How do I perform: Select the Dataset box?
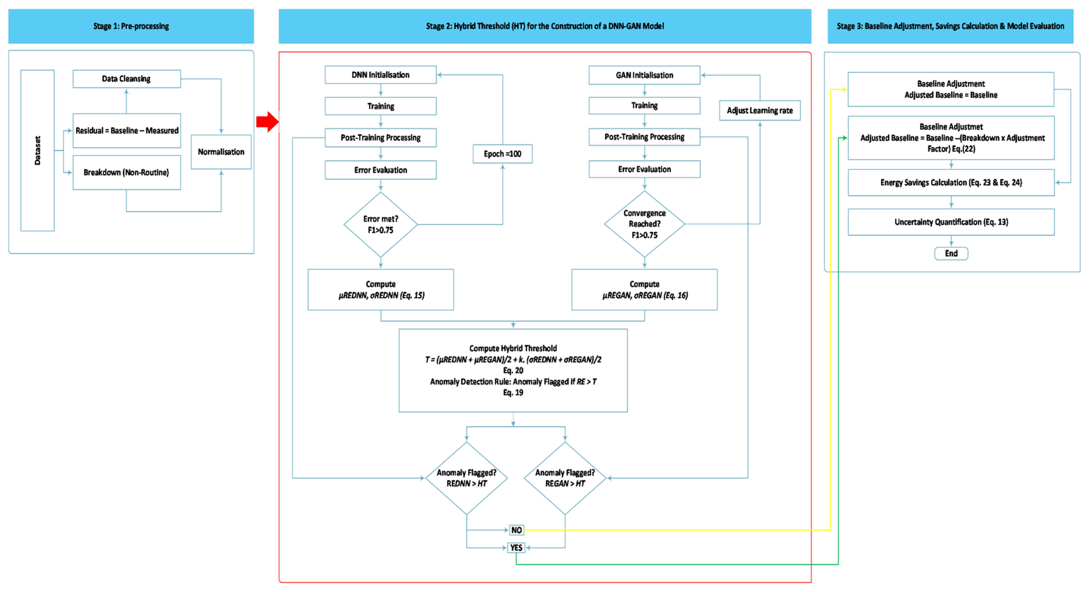point(38,150)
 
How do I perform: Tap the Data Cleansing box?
point(127,79)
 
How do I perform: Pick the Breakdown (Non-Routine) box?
point(127,172)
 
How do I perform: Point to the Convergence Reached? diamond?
point(644,224)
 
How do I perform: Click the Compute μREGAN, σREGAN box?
point(644,290)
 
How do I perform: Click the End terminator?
point(951,253)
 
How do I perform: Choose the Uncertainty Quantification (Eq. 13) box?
point(951,222)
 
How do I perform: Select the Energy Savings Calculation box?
point(951,182)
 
